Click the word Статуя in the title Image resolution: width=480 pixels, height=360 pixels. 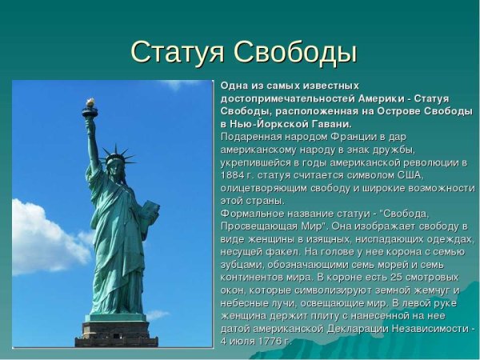pos(177,53)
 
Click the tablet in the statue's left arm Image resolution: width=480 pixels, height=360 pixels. pos(148,212)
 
